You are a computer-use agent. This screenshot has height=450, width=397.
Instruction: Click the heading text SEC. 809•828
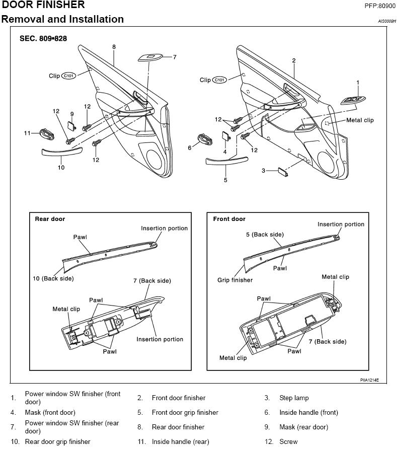coord(43,38)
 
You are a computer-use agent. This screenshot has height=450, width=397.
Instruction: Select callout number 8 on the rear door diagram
coord(114,47)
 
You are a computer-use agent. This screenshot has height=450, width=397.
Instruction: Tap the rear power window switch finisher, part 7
coord(149,57)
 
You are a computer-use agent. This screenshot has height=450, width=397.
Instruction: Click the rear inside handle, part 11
coord(47,133)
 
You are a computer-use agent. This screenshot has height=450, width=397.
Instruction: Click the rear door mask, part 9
coord(71,126)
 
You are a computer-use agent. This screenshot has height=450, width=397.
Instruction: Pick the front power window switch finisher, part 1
coord(352,100)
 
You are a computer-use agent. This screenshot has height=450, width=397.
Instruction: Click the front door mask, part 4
coord(226,136)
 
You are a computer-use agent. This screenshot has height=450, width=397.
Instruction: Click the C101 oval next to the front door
coord(219,80)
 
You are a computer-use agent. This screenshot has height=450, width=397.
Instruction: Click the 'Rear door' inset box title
coord(50,219)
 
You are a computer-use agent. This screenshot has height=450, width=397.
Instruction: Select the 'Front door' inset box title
coord(229,219)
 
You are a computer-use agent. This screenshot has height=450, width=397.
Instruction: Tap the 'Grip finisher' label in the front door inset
coord(235,280)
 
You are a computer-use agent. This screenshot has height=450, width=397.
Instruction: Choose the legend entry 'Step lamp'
coord(294,398)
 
